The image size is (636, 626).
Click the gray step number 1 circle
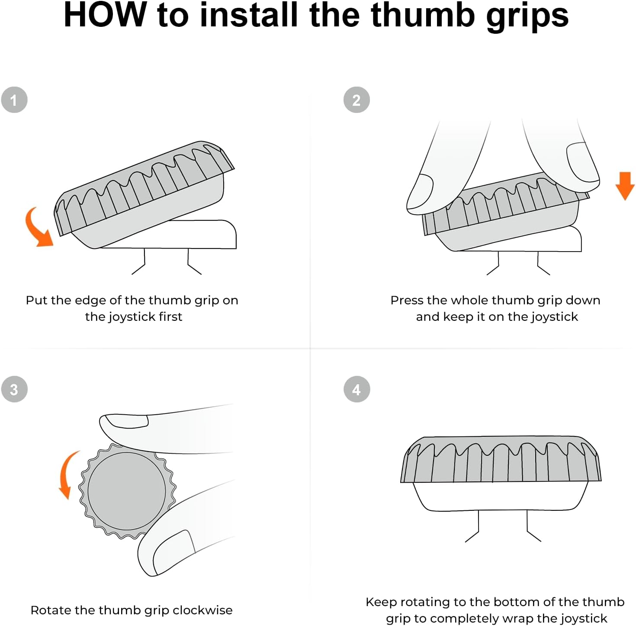click(x=14, y=100)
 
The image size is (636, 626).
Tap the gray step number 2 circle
click(x=357, y=100)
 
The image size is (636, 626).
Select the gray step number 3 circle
click(x=14, y=389)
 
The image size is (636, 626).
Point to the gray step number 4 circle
click(x=357, y=389)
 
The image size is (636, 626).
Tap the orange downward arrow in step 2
click(x=625, y=186)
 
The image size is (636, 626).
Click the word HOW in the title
click(x=105, y=15)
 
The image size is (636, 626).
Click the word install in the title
click(x=249, y=15)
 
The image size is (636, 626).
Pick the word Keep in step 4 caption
click(x=379, y=602)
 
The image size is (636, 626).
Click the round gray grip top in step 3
click(x=127, y=491)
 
